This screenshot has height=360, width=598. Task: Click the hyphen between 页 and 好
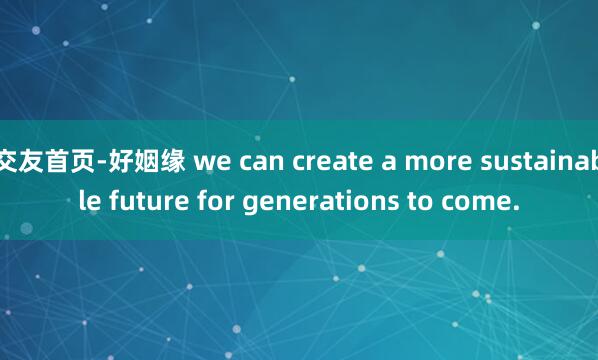tap(104, 159)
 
